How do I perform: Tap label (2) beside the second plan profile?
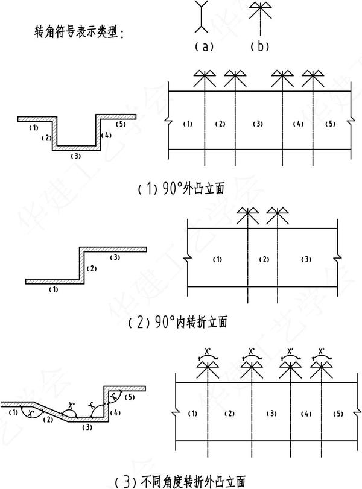click(x=91, y=268)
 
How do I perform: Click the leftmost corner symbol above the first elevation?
click(x=205, y=78)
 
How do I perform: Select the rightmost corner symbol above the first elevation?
click(x=313, y=78)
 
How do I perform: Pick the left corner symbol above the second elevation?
click(x=249, y=214)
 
